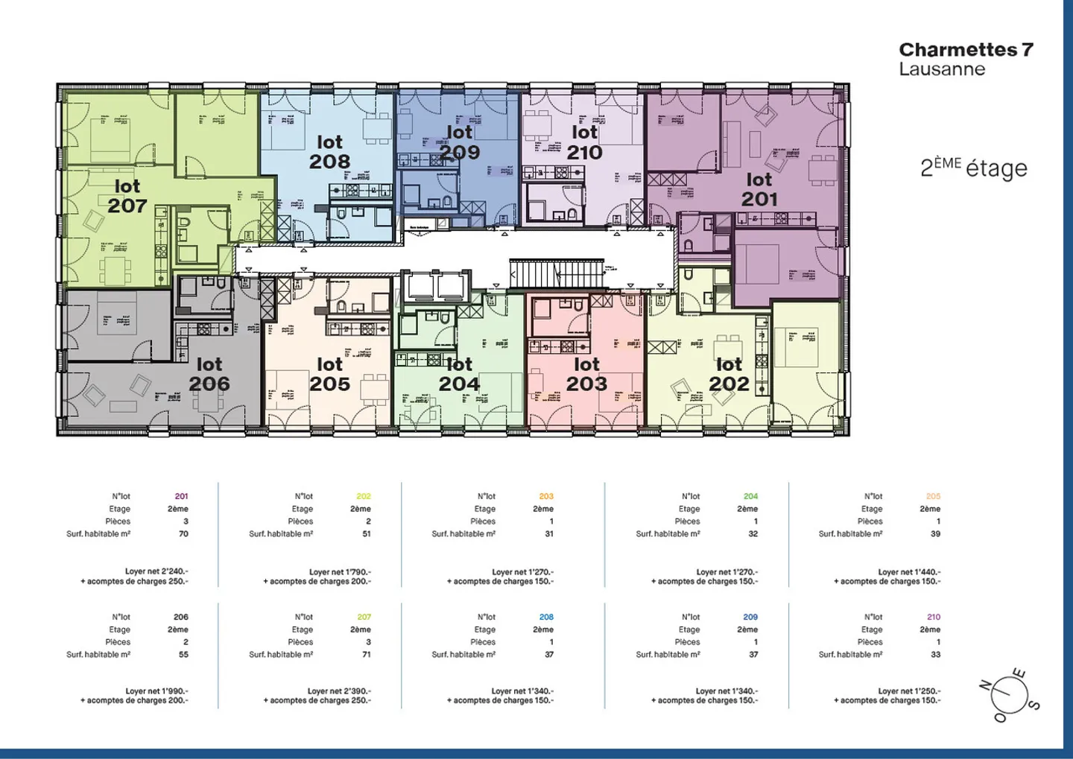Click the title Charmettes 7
click(x=966, y=50)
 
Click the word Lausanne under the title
click(x=942, y=69)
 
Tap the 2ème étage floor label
click(x=973, y=168)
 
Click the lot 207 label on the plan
click(x=127, y=197)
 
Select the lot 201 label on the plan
click(x=759, y=190)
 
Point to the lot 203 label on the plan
click(x=586, y=375)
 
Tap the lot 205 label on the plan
click(x=330, y=375)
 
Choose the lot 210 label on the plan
click(x=584, y=143)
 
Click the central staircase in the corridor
click(x=556, y=273)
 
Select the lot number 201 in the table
click(x=181, y=496)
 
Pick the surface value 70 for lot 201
click(x=183, y=534)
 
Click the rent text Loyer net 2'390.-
click(x=339, y=691)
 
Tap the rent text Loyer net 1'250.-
click(x=909, y=691)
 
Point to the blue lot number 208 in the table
click(x=546, y=617)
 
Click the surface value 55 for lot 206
click(x=183, y=655)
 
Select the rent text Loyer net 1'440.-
click(x=909, y=572)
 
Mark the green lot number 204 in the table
click(x=750, y=496)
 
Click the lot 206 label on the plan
click(x=209, y=375)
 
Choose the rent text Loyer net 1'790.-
click(x=340, y=572)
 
